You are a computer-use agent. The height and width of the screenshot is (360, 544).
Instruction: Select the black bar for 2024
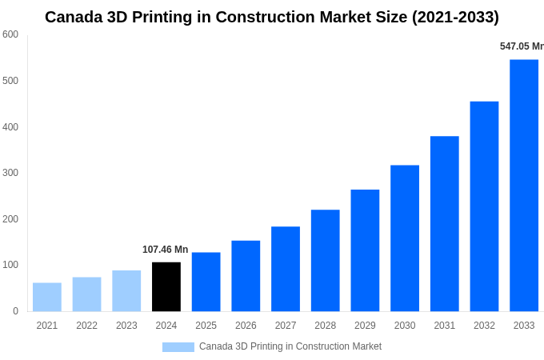(x=166, y=286)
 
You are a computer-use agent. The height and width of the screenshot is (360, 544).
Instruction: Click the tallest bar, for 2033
(x=524, y=186)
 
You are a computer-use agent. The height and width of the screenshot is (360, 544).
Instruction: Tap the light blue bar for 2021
(x=47, y=297)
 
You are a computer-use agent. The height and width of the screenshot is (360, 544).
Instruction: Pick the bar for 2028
(x=326, y=261)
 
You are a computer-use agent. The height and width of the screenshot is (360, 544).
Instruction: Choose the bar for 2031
(x=445, y=224)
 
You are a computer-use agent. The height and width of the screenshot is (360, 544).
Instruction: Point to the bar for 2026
(x=246, y=276)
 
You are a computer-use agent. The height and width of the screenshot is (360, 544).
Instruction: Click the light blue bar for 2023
(x=126, y=290)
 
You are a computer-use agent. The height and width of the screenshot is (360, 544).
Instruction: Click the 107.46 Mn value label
(x=165, y=250)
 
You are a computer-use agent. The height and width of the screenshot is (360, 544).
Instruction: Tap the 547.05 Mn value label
(x=522, y=46)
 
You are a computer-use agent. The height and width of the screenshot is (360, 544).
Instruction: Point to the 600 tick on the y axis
(x=10, y=34)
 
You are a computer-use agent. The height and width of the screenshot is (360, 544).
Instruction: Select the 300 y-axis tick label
(x=10, y=173)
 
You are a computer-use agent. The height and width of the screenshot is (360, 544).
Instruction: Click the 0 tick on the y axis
(x=15, y=311)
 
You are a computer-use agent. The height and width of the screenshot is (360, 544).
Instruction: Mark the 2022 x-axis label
(x=87, y=326)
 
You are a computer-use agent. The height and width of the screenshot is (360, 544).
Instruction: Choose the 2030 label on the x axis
(x=405, y=326)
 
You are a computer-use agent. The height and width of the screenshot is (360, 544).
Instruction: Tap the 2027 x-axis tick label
(x=286, y=326)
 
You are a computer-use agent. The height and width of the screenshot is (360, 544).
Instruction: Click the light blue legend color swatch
(x=178, y=347)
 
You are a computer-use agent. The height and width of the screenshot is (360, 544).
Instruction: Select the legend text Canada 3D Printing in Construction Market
(x=290, y=346)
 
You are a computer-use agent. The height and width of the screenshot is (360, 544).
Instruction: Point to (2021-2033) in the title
(x=455, y=17)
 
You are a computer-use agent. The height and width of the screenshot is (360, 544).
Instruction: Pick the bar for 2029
(x=365, y=250)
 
